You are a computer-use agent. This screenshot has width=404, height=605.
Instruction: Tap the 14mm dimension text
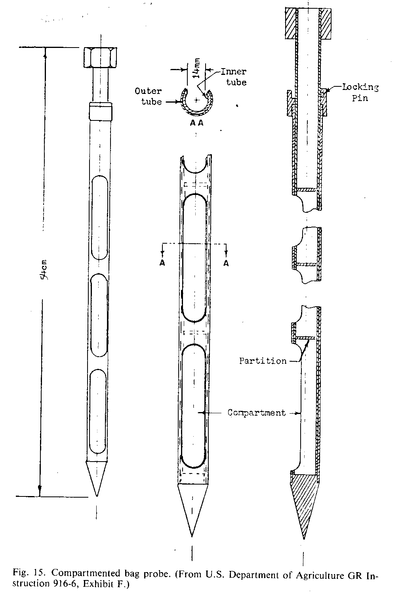197,68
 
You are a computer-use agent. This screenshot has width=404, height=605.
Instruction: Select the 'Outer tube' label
148,96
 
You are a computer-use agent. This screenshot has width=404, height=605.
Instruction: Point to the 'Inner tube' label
234,77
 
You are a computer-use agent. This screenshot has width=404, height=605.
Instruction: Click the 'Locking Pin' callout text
360,92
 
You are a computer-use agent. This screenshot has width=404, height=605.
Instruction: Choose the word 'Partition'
263,361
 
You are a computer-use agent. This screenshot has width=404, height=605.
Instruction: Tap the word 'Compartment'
257,413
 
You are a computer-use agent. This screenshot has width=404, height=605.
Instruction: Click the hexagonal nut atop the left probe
100,57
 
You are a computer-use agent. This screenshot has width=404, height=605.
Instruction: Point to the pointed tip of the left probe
96,496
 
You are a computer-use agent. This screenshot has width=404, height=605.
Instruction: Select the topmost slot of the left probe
100,217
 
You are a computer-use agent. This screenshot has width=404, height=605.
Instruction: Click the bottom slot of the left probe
97,412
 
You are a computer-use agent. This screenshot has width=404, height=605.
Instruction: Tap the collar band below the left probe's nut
100,111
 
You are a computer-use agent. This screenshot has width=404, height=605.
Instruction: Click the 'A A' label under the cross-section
196,123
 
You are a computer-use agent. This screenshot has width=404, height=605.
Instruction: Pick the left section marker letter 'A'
162,263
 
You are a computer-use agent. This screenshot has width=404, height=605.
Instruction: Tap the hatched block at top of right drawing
308,23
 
